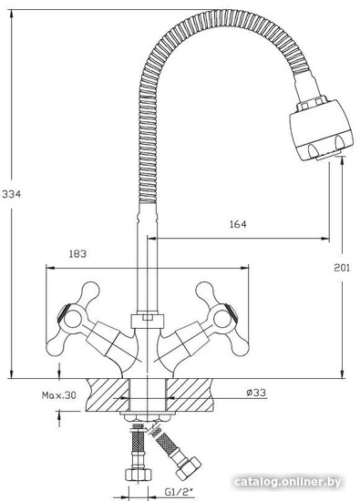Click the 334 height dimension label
tap(11, 194)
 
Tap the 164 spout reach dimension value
tap(238, 224)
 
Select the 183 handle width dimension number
tap(77, 254)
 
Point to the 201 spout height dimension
tap(342, 268)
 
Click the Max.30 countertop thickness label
tap(59, 395)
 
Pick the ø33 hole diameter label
tap(256, 393)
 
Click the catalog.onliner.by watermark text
tap(288, 482)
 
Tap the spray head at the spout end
tap(321, 128)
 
